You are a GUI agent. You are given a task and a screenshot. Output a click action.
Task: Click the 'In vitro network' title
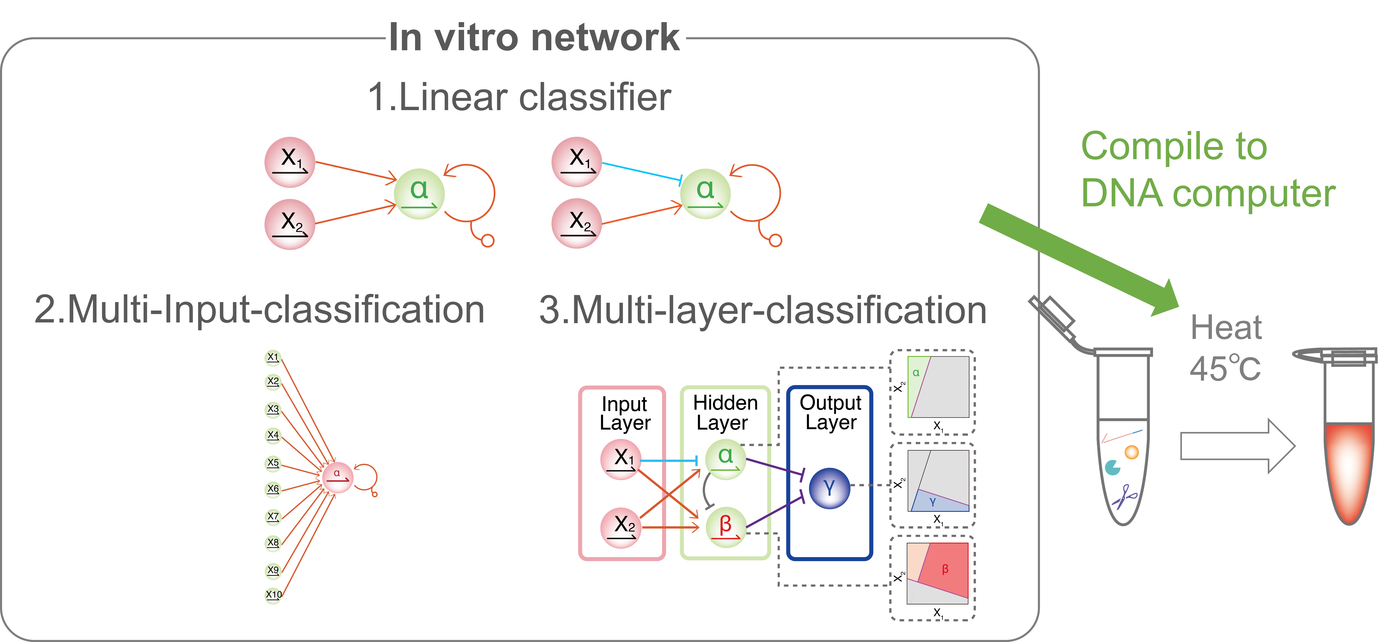[x=534, y=38]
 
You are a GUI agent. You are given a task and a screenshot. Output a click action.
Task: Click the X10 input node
[x=273, y=595]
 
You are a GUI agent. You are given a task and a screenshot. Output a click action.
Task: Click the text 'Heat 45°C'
[x=1226, y=348]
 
